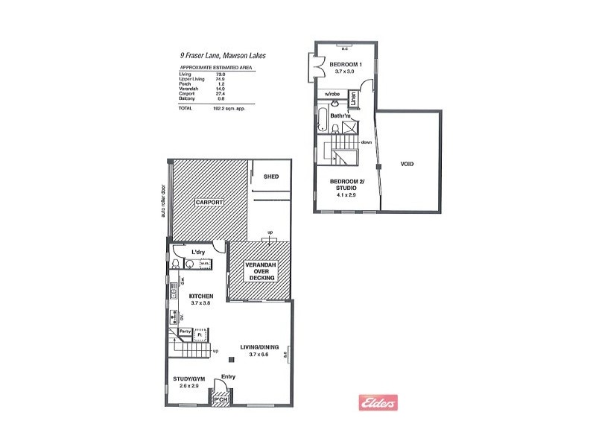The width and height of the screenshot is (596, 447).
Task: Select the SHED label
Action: tap(270, 177)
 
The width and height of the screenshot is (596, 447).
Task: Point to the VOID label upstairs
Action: tap(407, 164)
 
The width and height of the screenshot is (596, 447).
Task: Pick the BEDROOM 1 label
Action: tap(345, 65)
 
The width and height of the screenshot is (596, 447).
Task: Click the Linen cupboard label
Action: tap(354, 98)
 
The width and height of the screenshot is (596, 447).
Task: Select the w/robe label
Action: tap(332, 94)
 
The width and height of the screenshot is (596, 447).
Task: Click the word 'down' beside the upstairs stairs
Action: tap(366, 142)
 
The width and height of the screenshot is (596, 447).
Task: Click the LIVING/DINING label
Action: tap(258, 346)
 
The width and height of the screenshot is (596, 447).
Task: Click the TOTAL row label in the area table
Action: tap(185, 109)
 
